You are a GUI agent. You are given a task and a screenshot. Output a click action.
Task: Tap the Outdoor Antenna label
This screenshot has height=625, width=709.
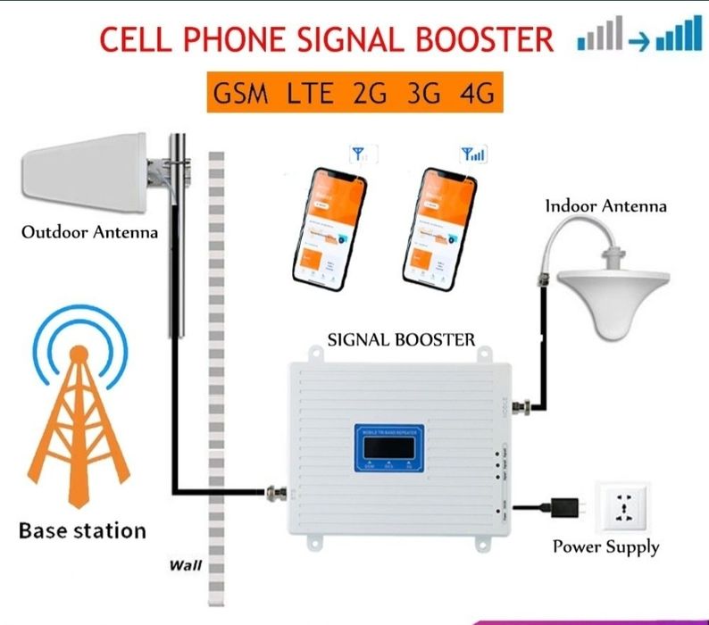tap(89, 233)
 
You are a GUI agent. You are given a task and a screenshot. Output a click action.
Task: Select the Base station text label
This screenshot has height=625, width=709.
tap(82, 530)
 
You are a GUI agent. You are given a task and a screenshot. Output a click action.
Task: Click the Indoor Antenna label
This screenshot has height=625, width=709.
tap(606, 205)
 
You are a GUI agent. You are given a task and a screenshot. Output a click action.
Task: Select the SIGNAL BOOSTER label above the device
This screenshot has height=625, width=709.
tap(402, 339)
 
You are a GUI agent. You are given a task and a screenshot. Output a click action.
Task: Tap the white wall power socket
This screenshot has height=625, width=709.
tap(621, 508)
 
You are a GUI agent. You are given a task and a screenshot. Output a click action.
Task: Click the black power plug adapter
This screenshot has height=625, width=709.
tap(568, 508)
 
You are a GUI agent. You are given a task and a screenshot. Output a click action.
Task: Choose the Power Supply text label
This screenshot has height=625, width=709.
tap(605, 546)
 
